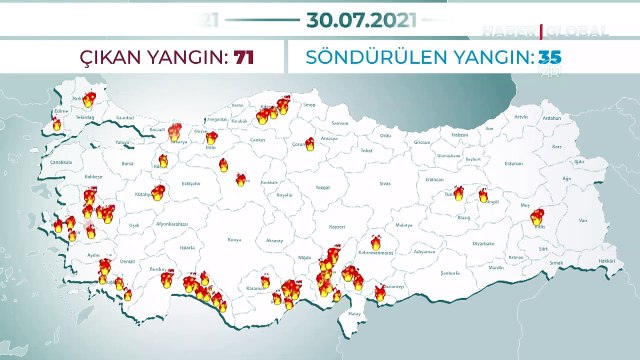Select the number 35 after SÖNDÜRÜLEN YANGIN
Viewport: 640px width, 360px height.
[x=549, y=56]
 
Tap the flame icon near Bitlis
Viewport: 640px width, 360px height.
[x=537, y=217]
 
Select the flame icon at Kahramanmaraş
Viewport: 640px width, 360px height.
[x=376, y=242]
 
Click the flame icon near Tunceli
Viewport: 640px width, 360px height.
[x=458, y=194]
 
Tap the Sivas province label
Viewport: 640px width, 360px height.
[x=383, y=184]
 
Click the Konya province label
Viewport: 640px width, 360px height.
[x=235, y=240]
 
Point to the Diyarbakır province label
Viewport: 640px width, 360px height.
[x=484, y=242]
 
